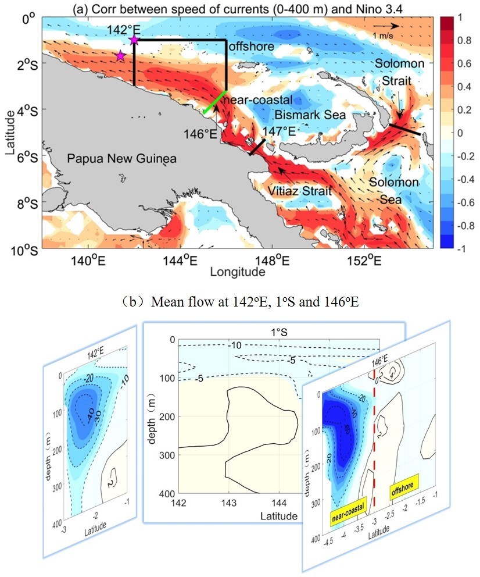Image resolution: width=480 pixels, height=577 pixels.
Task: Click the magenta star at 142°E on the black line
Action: (x=134, y=40)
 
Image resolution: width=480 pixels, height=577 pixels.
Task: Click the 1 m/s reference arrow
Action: (x=386, y=26)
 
